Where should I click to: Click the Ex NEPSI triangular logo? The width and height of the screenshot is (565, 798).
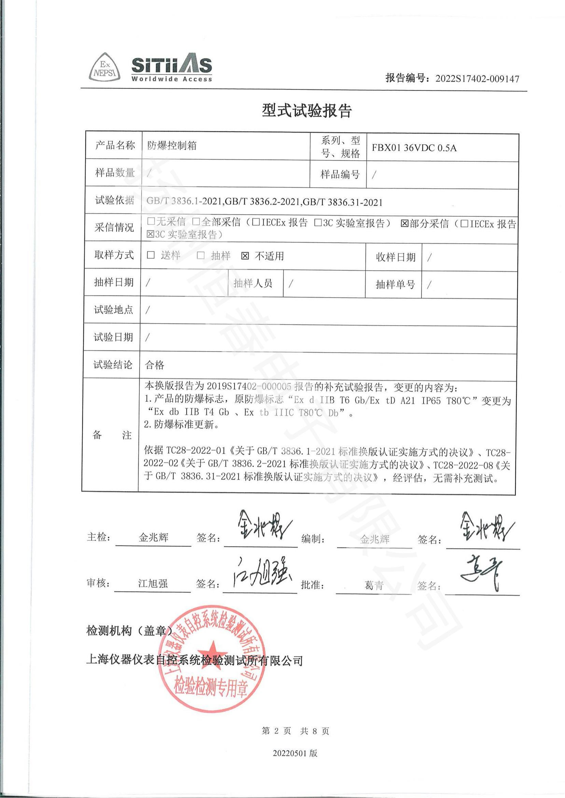(x=105, y=68)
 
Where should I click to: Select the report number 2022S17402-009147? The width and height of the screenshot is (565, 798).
(x=477, y=79)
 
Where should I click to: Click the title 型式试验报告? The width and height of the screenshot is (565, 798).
(x=306, y=111)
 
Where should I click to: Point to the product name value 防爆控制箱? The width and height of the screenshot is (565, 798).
(x=172, y=145)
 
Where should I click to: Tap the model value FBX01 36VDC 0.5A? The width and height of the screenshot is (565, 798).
(x=414, y=148)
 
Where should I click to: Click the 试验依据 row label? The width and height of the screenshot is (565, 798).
(x=114, y=200)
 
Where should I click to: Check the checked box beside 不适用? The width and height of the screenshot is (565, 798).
(x=245, y=256)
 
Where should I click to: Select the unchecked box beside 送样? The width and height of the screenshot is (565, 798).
(x=151, y=255)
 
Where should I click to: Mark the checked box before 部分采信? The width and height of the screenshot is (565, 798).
(x=404, y=223)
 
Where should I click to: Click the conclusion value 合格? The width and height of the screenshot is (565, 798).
(x=154, y=365)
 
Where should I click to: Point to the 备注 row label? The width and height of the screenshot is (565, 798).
(x=112, y=435)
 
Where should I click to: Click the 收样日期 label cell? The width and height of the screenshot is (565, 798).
(x=396, y=257)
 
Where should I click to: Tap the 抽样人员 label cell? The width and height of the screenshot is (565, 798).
(x=253, y=283)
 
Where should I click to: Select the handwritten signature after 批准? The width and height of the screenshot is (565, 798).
(x=482, y=574)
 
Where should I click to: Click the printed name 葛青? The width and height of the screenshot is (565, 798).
(x=374, y=586)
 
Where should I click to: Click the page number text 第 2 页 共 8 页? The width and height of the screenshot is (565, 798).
(x=295, y=731)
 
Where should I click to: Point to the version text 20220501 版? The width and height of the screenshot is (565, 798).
(x=295, y=753)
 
